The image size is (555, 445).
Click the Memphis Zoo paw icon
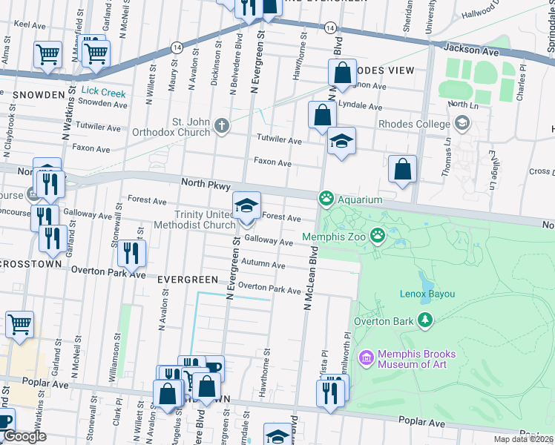(378, 235)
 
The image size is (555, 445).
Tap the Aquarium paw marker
(325, 199)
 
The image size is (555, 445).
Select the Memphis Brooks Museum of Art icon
(365, 358)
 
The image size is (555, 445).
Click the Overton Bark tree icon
(425, 320)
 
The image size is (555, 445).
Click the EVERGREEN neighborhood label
(188, 280)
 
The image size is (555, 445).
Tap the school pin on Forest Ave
(247, 205)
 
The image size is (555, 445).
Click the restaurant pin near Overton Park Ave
(131, 254)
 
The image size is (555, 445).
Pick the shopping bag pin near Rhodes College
(401, 169)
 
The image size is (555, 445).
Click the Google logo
(24, 436)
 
